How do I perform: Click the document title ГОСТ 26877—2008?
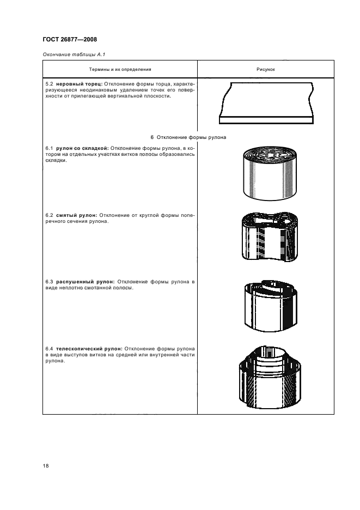[70, 40]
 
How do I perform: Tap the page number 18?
[46, 466]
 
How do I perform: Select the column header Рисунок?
[266, 69]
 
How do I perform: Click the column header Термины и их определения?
[120, 69]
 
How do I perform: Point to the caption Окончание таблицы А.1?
[74, 54]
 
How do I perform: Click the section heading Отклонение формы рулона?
[191, 137]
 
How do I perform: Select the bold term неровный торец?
[80, 84]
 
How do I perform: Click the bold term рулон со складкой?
[82, 148]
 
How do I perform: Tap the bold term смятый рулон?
[76, 215]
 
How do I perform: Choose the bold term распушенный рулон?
[85, 282]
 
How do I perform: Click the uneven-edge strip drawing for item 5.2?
[266, 103]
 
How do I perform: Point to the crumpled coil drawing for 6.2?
[270, 237]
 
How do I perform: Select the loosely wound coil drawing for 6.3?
[271, 305]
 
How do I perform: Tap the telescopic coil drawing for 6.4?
[270, 377]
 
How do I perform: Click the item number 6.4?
[49, 349]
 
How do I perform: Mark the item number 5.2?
[49, 84]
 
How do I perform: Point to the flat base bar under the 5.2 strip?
[266, 120]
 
